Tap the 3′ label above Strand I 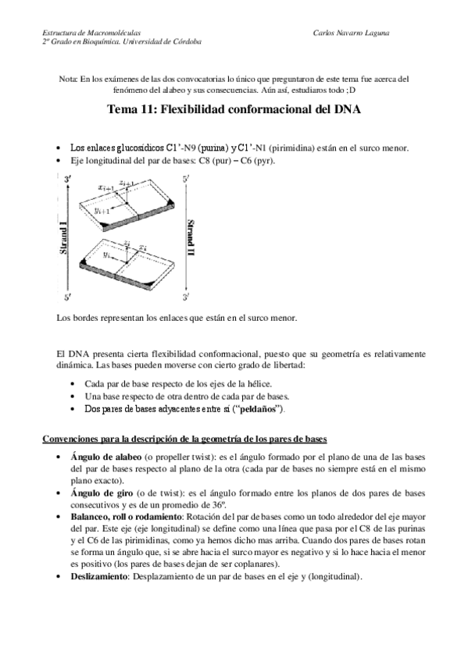pos(70,180)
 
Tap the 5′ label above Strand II pos(185,180)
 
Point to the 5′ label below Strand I pos(70,297)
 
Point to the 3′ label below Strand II pos(185,297)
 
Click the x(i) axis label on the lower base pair pos(142,247)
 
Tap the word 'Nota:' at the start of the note pos(69,79)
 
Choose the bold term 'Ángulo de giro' pos(100,493)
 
